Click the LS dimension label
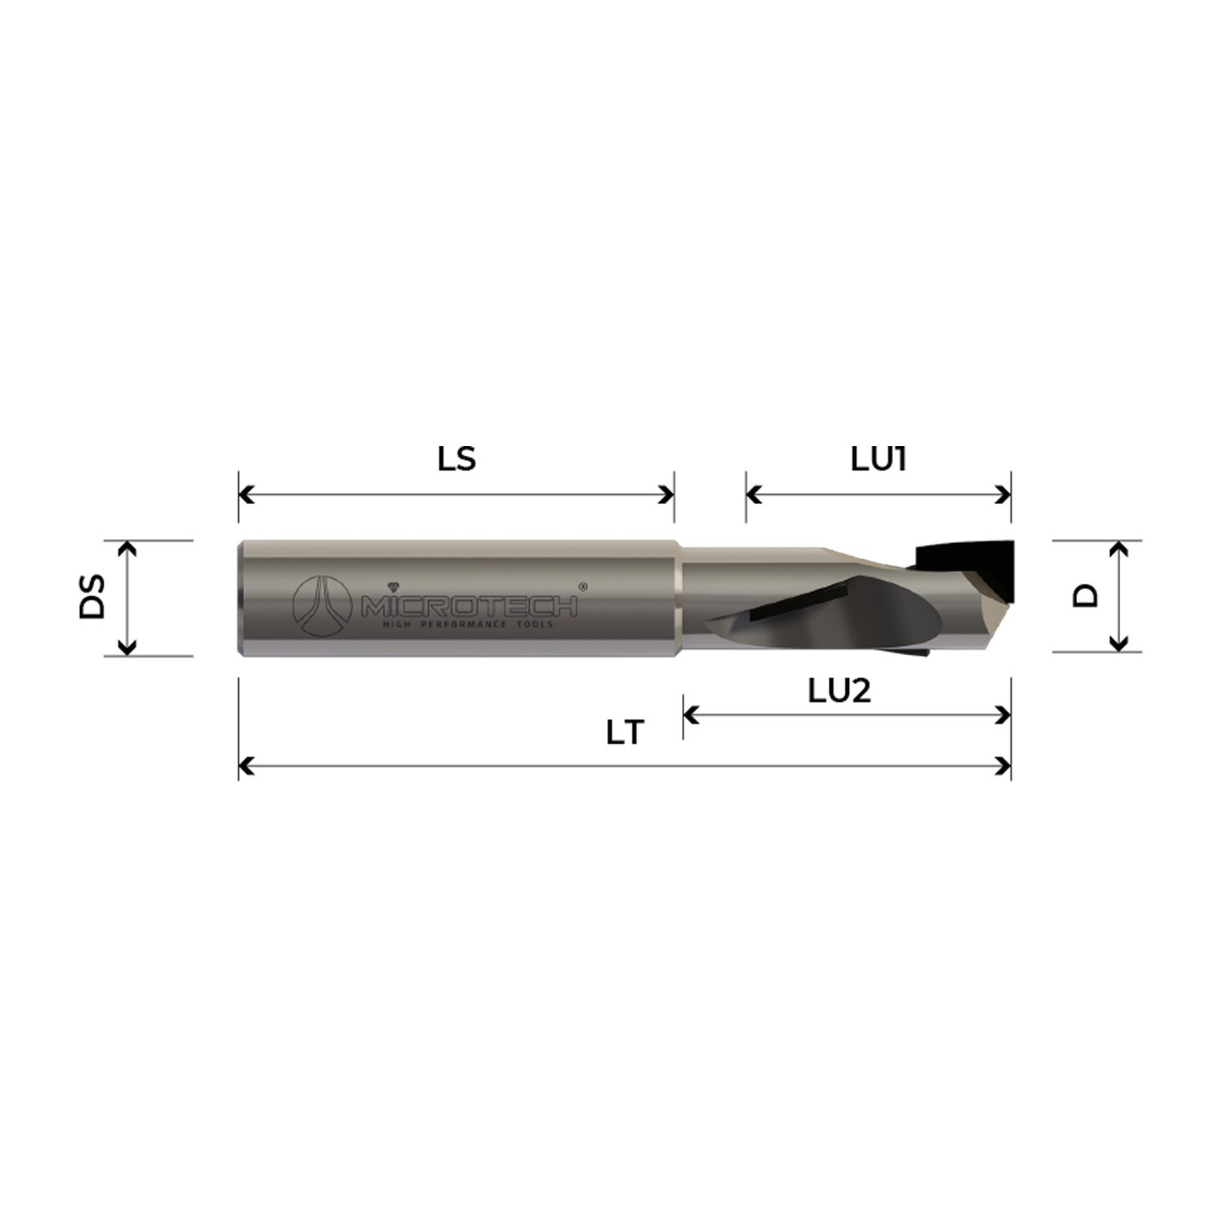point(456,460)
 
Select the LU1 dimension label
point(878,460)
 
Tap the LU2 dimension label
point(839,691)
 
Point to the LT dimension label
point(624,733)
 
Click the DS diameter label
point(94,597)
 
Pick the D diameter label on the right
point(1085,596)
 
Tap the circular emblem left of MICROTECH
point(321,606)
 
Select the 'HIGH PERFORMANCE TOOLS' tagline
point(468,624)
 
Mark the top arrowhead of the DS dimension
point(126,548)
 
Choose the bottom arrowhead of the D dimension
point(1119,644)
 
